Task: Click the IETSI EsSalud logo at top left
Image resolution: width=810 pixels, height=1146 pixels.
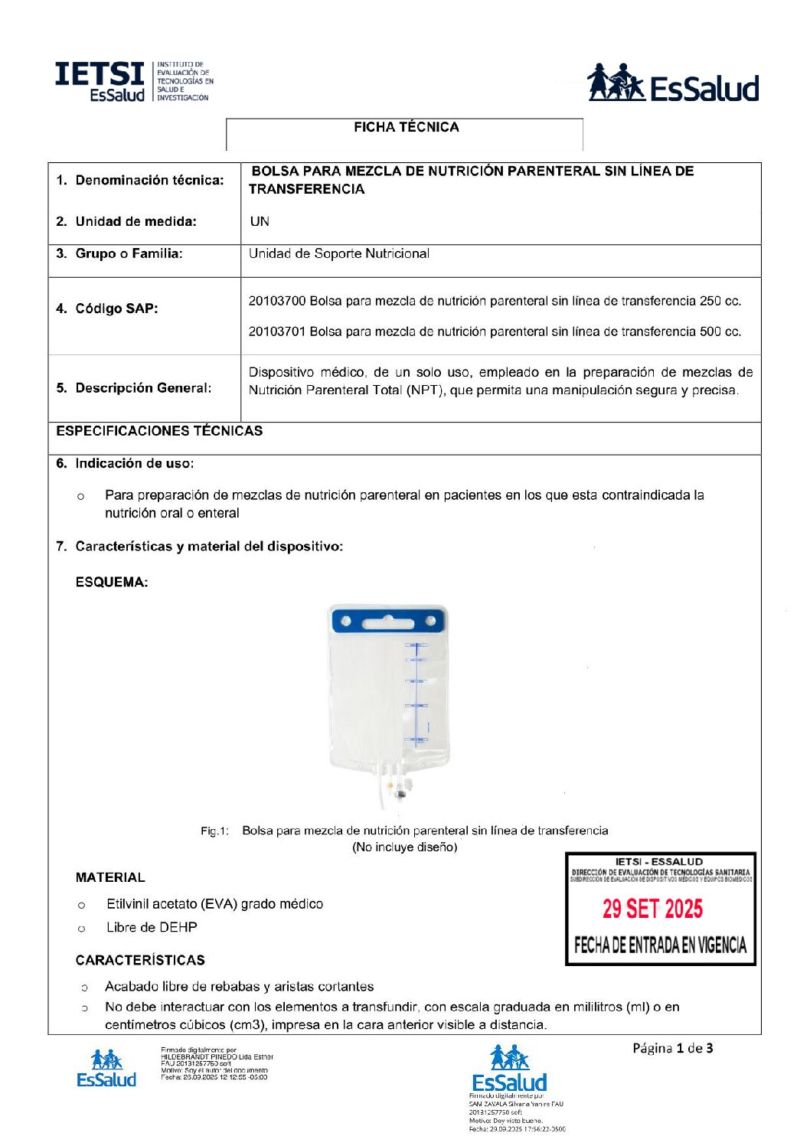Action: [131, 82]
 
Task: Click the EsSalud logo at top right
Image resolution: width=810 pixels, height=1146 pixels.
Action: [672, 83]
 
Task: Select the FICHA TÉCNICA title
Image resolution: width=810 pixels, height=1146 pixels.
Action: [406, 128]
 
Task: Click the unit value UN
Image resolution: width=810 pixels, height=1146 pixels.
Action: [260, 222]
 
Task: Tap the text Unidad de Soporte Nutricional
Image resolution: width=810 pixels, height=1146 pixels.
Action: [338, 254]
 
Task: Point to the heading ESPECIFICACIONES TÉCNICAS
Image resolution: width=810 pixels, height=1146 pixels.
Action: [159, 431]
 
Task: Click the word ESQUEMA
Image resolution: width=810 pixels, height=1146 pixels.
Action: [112, 583]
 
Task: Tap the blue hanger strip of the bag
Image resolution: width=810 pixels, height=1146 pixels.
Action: [387, 620]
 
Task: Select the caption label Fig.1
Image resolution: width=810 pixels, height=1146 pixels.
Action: [214, 831]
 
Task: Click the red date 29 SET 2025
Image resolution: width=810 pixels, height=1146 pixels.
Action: [652, 909]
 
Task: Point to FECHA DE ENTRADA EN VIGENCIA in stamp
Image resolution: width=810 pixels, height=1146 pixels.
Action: [660, 945]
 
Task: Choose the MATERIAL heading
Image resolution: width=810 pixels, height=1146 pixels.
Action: [110, 878]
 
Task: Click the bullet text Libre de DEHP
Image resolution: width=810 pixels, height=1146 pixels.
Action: [152, 928]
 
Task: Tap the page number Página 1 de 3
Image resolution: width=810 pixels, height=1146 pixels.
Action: [672, 1049]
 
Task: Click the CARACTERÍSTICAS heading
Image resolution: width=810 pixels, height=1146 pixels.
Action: [140, 961]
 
